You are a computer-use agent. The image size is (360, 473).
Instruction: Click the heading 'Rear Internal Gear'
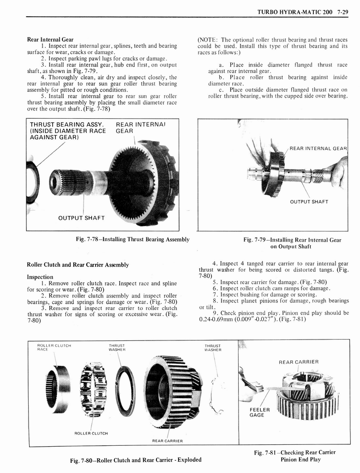click(50, 39)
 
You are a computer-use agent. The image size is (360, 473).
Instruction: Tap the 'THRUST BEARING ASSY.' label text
click(66, 125)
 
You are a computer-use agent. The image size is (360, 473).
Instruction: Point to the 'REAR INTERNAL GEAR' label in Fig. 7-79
click(318, 148)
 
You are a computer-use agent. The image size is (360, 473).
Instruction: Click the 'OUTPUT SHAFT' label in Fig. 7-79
click(309, 202)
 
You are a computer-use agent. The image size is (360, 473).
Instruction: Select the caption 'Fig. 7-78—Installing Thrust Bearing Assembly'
click(132, 239)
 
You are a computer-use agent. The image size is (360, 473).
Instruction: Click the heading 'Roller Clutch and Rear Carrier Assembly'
click(78, 265)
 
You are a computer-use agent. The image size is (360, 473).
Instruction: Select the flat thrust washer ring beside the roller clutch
click(125, 391)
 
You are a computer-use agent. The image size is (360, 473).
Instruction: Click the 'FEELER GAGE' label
click(257, 412)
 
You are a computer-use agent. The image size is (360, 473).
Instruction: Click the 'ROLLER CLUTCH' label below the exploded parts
click(91, 433)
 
